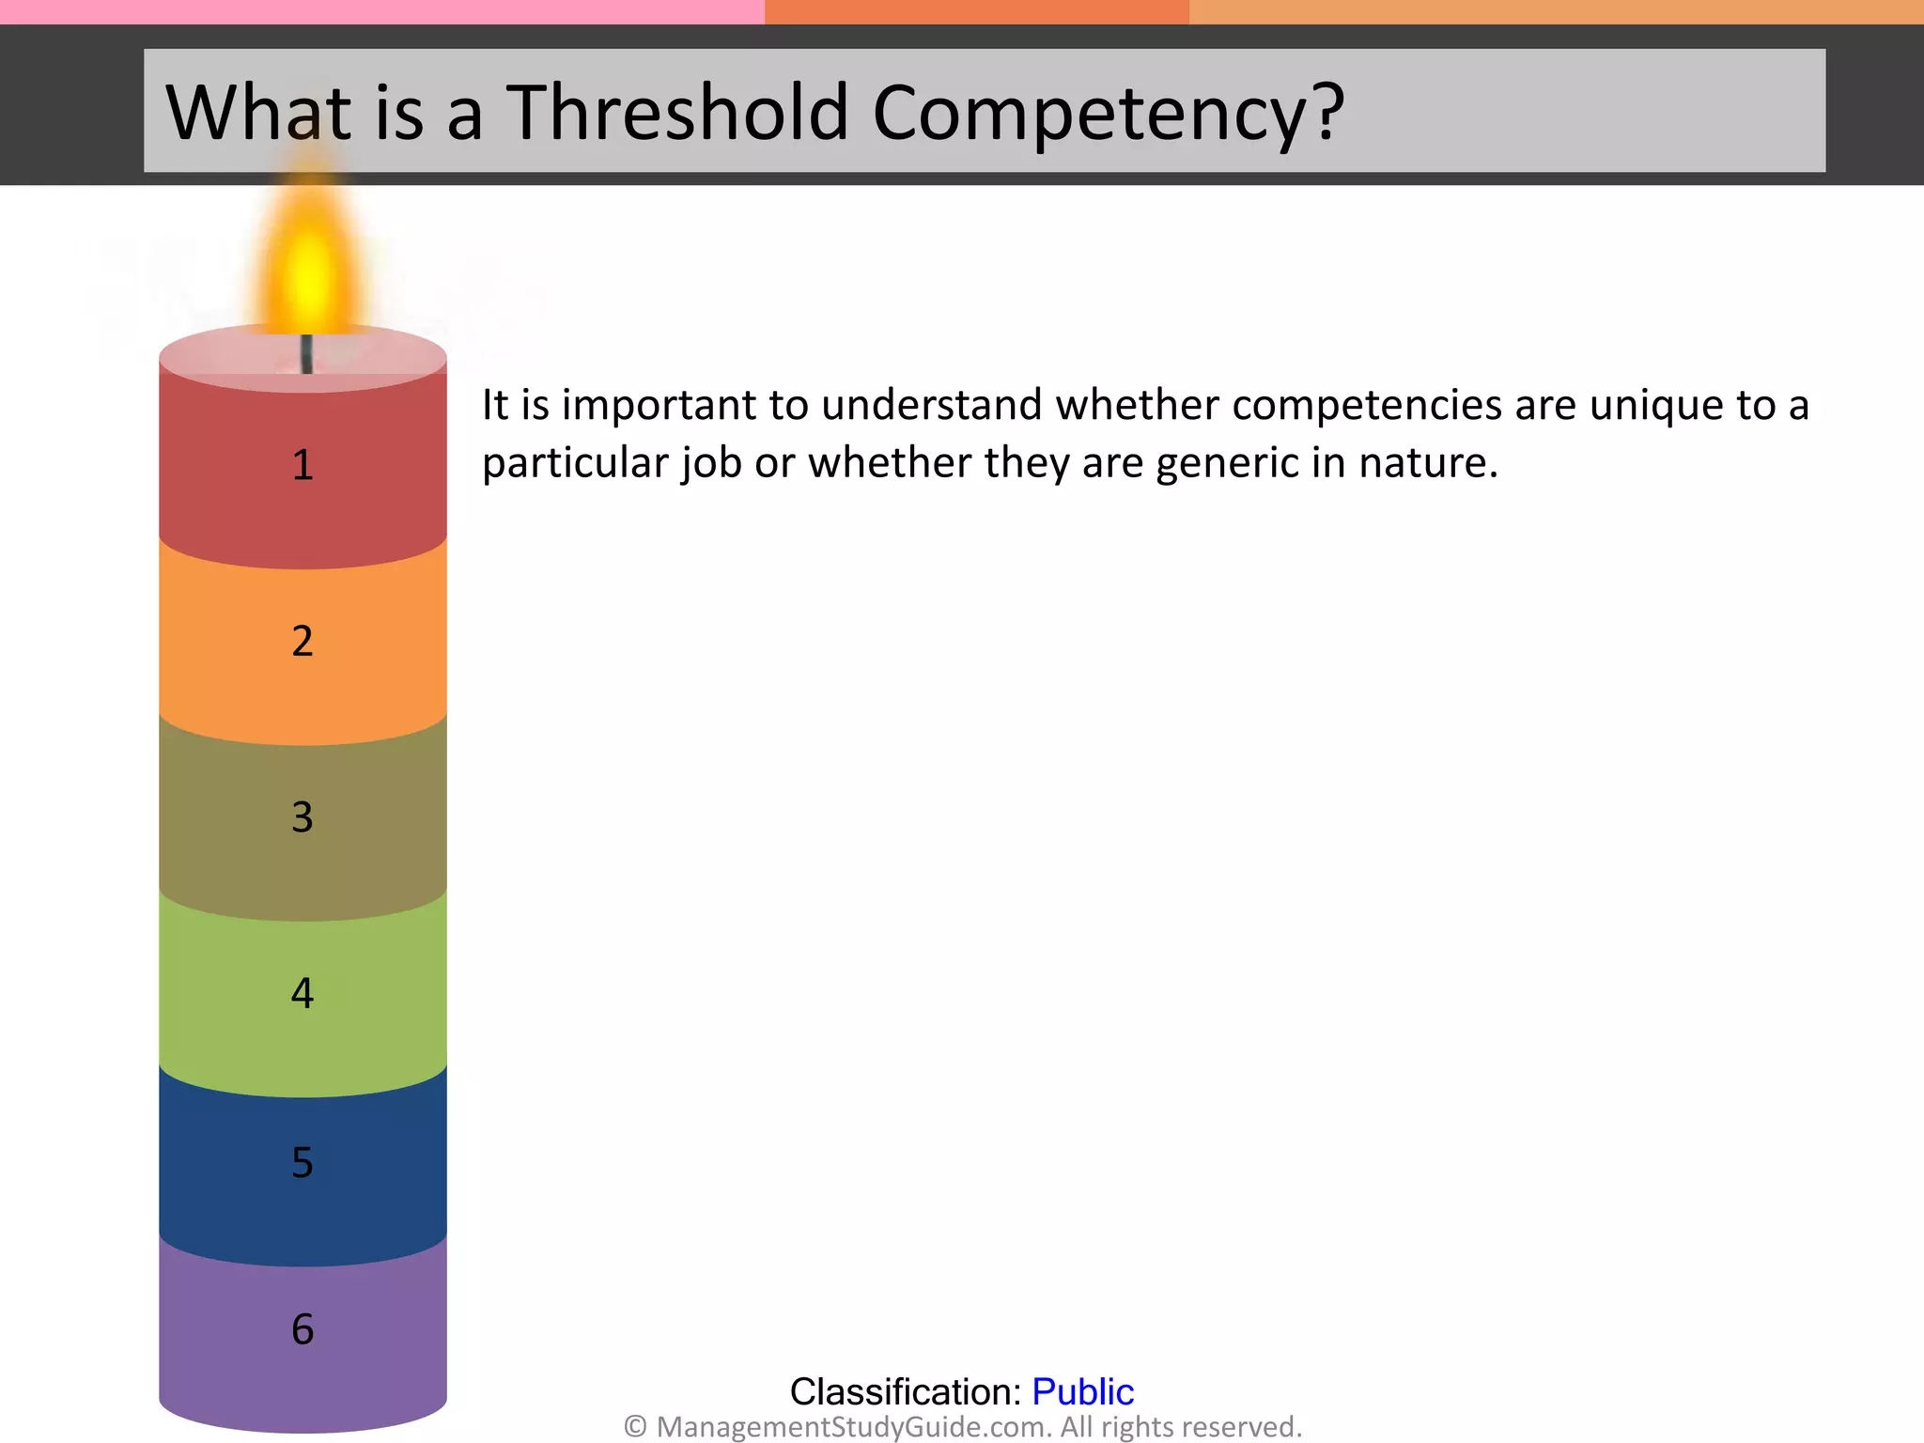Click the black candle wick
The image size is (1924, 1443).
[306, 353]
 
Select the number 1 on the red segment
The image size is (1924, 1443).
[303, 465]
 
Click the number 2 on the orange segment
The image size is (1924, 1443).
[303, 641]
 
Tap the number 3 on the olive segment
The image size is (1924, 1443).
[303, 817]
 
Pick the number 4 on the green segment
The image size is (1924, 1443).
[303, 993]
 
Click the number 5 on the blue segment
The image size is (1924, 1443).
[303, 1162]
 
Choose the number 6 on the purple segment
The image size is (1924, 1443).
[303, 1329]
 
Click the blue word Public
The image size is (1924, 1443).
[1082, 1391]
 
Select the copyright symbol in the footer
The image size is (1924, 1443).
[636, 1427]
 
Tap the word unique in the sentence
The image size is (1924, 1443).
[1657, 406]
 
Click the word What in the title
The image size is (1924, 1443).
[247, 112]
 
